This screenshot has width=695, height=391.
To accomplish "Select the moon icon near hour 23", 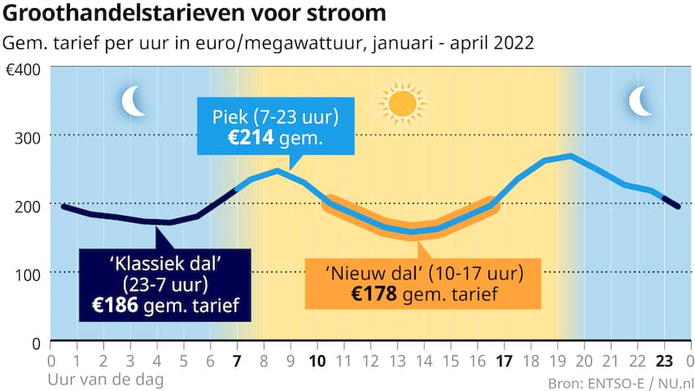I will tap(641, 101).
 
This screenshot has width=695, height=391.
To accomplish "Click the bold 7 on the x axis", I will tap(237, 359).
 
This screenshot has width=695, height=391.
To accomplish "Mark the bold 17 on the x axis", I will tap(503, 359).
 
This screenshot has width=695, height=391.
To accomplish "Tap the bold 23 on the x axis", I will tap(663, 359).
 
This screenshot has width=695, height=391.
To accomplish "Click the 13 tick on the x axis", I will tap(396, 359).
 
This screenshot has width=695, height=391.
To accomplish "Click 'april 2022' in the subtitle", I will tap(498, 42).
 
